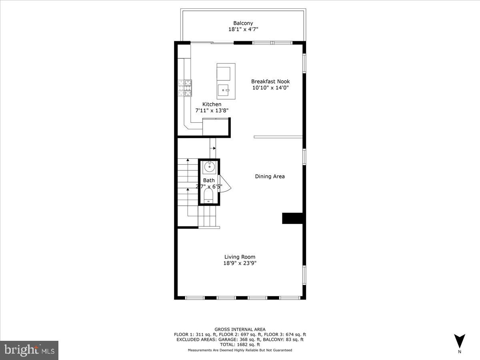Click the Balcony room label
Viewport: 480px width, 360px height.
243,23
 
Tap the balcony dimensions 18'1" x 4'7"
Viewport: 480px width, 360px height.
243,29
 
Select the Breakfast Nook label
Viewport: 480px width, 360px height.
270,81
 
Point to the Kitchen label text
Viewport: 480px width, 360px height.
212,104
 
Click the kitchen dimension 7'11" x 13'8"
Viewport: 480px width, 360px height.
212,110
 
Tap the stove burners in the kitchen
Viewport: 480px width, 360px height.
185,88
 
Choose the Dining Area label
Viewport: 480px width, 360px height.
270,176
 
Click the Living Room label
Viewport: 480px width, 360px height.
240,257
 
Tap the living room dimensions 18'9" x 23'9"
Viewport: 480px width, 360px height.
240,263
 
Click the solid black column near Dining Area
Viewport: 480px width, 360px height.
292,218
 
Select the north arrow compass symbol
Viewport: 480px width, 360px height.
460,341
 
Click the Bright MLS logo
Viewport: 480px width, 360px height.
29,350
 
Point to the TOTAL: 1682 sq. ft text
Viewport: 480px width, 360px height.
240,344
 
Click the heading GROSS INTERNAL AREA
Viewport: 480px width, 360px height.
240,329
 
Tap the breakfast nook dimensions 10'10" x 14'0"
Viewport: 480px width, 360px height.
270,88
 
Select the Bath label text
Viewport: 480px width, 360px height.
209,181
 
